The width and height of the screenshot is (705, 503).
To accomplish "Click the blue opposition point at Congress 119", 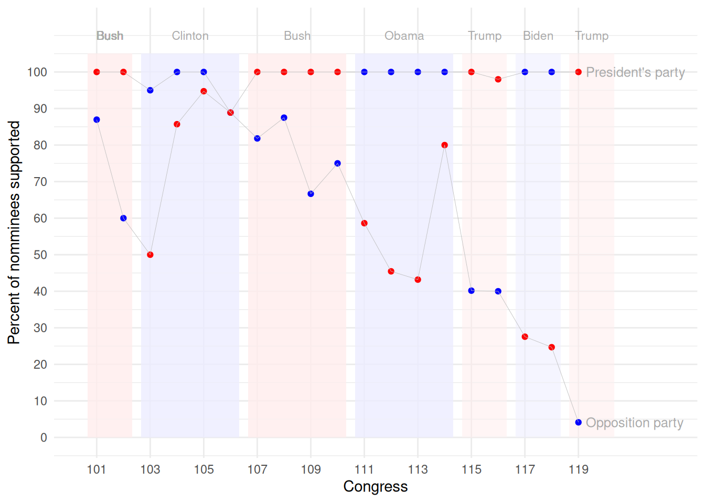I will point(578,422).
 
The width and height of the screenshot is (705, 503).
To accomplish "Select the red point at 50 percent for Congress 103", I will point(150,255).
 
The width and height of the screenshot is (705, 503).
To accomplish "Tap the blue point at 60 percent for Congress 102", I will point(123,218).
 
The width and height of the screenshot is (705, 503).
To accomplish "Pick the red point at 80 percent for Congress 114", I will point(444,145).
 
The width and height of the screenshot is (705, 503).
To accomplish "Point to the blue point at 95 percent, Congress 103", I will point(150,90).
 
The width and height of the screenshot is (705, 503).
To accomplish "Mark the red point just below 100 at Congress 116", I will point(498,79).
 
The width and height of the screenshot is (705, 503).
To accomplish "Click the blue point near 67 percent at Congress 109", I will point(311,194).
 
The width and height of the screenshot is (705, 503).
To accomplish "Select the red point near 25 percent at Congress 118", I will point(551,347).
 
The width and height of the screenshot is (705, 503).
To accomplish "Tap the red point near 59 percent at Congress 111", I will point(364,223).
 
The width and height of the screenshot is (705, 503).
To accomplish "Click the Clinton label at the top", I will point(190,36).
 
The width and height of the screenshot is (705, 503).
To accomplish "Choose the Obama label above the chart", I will point(404,36).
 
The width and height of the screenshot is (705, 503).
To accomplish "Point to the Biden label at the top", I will point(538,36).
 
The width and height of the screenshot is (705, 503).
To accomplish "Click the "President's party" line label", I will point(635,72).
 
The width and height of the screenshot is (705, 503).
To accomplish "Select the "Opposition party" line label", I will point(634,423).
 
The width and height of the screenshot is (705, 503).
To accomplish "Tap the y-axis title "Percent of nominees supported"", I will point(14,232).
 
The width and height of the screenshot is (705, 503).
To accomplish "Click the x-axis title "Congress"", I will point(375,486).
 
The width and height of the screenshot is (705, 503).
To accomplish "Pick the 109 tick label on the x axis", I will point(311,469).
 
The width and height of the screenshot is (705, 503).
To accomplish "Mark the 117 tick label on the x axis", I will point(525,469).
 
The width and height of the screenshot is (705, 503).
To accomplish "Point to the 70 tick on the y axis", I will point(40,182).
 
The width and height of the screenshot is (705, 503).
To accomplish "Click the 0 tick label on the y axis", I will point(44,438).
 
